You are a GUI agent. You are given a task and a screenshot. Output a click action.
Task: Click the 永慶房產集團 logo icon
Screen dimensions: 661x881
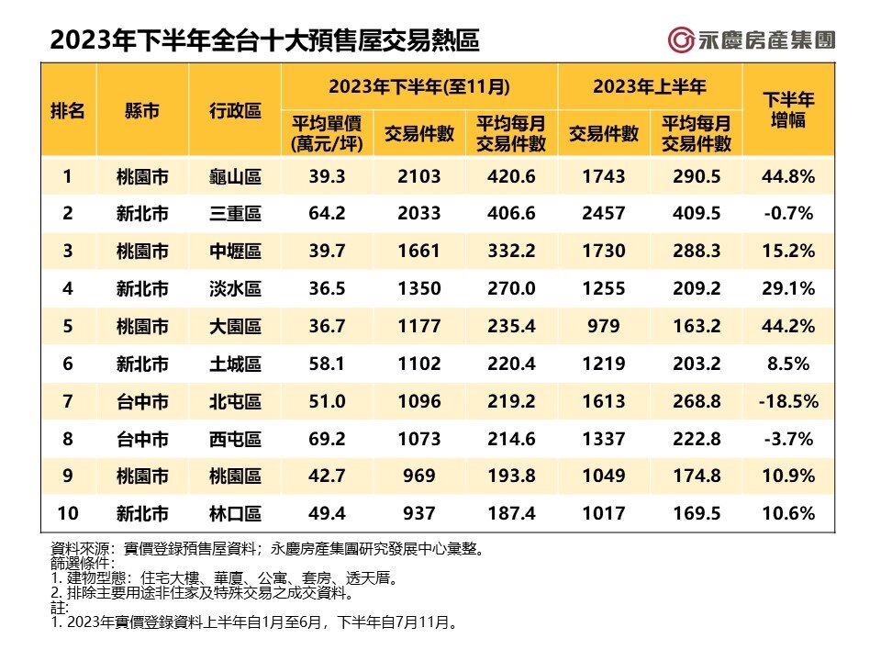click(x=680, y=40)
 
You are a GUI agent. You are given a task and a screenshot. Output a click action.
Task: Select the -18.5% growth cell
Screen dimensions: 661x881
click(x=789, y=401)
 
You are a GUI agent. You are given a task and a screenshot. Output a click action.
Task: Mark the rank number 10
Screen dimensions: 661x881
click(x=67, y=514)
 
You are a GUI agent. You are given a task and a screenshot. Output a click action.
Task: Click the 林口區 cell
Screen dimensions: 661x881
click(x=236, y=514)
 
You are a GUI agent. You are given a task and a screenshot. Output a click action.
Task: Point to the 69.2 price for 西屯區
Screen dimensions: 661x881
click(x=328, y=439)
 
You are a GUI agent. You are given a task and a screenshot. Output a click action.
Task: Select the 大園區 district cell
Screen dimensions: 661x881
click(x=236, y=326)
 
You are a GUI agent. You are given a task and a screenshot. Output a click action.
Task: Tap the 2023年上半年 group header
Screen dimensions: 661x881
click(x=650, y=87)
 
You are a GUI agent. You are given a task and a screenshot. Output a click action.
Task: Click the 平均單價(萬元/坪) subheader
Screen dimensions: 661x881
click(x=328, y=133)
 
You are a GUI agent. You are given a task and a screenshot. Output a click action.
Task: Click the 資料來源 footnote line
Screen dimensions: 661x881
click(x=266, y=549)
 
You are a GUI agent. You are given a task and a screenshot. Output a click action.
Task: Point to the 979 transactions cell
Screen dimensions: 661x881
click(x=604, y=326)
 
